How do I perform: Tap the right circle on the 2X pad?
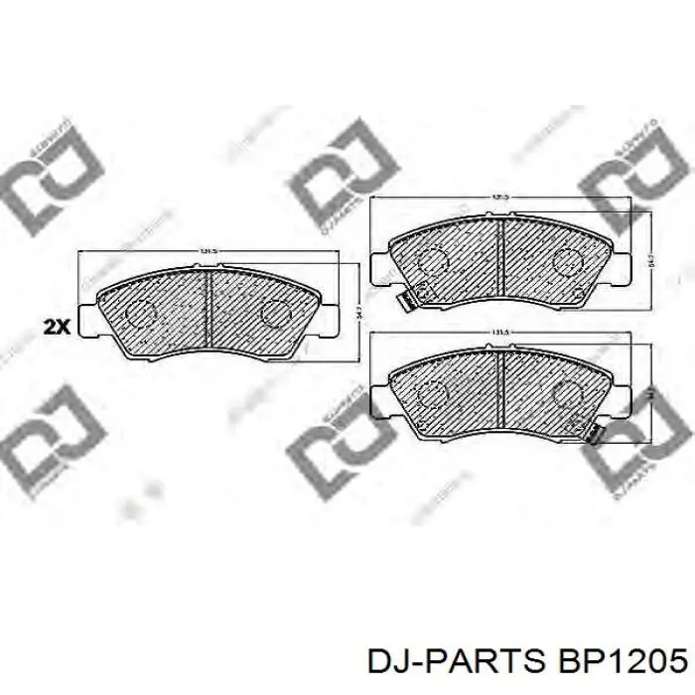[272, 312]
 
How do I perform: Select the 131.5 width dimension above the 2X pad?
[208, 251]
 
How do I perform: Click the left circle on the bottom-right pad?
[433, 396]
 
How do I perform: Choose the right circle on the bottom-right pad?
[567, 396]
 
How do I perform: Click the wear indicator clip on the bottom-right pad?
[594, 433]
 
